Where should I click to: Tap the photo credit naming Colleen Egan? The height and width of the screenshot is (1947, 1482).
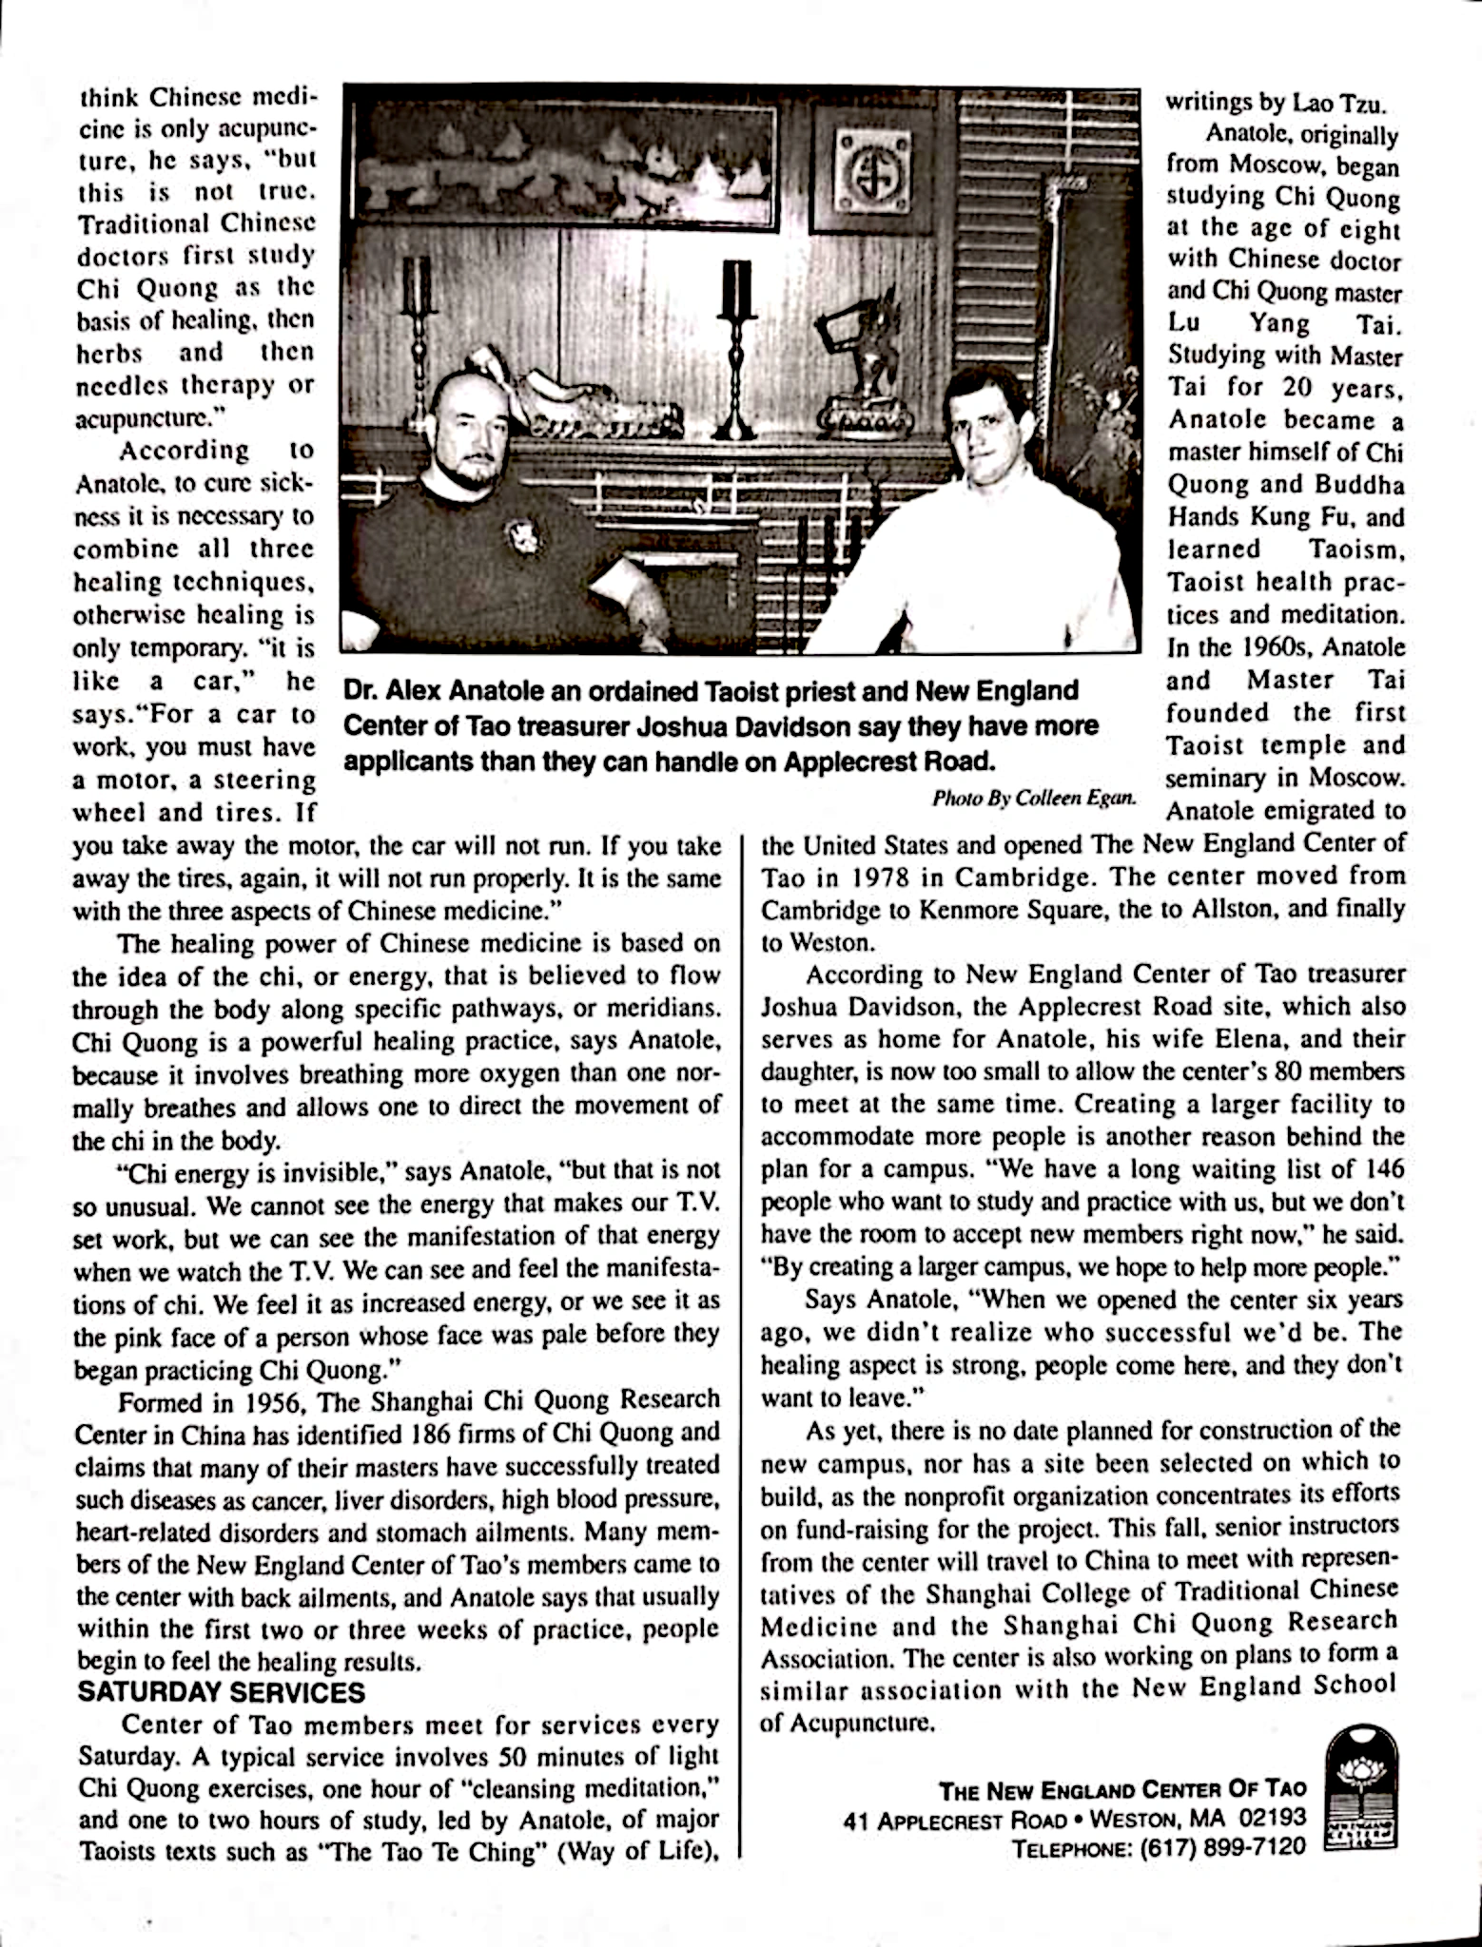1034,798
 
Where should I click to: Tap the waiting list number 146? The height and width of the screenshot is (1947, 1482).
1384,1168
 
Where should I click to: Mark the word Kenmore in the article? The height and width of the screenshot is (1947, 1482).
971,910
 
